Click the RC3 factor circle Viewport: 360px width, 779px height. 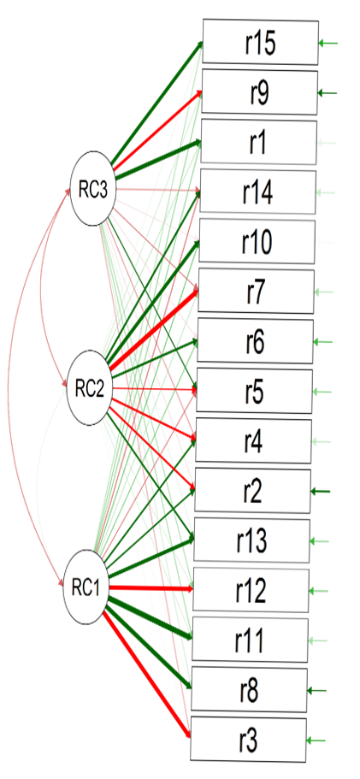(93, 190)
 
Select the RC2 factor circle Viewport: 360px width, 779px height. (90, 388)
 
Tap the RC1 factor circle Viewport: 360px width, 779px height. (86, 587)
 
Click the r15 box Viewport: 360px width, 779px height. (260, 43)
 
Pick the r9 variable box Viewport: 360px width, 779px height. (259, 92)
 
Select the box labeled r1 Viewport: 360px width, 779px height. (258, 142)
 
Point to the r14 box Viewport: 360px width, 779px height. (257, 192)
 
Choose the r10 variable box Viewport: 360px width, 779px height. (257, 242)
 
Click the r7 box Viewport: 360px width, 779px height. (256, 292)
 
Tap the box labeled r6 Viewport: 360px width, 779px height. (255, 341)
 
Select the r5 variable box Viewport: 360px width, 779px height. (254, 391)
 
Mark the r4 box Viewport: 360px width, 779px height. (253, 441)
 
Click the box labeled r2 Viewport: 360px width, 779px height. (252, 491)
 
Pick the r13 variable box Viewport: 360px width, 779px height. (251, 540)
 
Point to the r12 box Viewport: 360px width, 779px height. (251, 590)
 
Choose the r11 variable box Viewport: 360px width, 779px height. (250, 640)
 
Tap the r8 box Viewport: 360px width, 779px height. (249, 689)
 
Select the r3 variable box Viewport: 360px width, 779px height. (248, 741)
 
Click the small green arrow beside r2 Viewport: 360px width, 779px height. (321, 492)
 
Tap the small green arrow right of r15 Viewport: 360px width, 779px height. (328, 44)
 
